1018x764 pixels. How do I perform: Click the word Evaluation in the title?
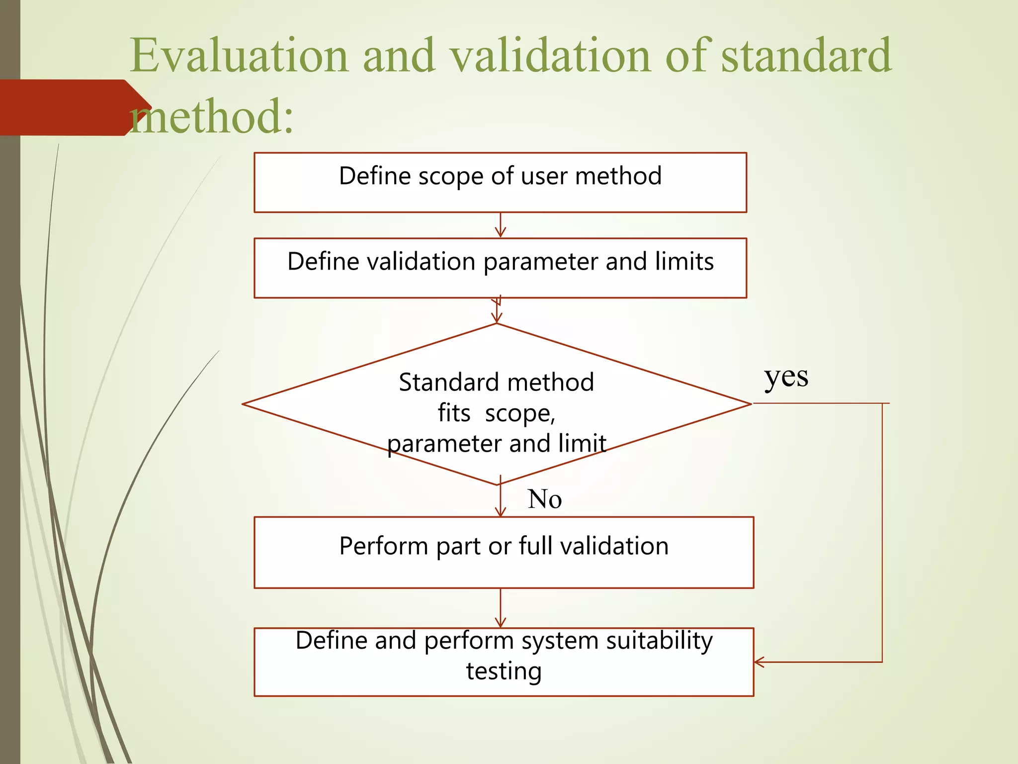click(x=239, y=56)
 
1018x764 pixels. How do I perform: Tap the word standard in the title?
click(x=806, y=56)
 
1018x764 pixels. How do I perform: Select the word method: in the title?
click(x=211, y=117)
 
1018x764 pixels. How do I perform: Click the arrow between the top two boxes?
click(x=501, y=226)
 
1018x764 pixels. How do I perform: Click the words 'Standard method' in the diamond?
click(x=496, y=382)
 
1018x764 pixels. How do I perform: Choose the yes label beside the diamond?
click(x=786, y=378)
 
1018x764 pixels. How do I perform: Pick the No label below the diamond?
click(x=544, y=499)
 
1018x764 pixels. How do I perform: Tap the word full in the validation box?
click(x=535, y=546)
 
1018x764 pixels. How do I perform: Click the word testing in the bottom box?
click(x=504, y=671)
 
